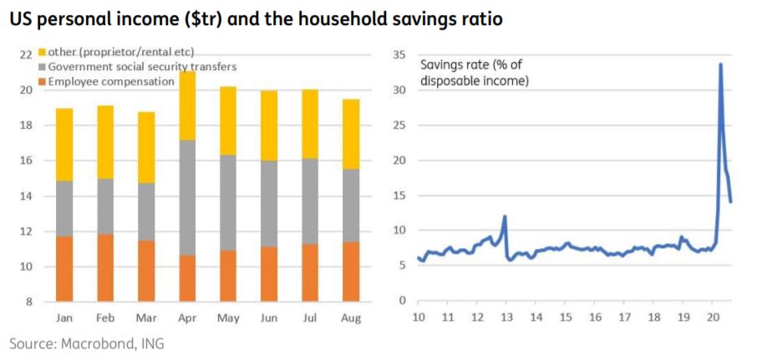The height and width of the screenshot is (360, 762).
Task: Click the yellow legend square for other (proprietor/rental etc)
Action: click(x=42, y=53)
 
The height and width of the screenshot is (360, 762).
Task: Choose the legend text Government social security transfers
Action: click(x=142, y=67)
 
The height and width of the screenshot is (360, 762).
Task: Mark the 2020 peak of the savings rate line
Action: click(x=720, y=64)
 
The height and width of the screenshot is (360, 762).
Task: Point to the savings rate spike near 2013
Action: click(x=505, y=216)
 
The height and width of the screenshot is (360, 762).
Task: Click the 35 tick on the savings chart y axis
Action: click(x=399, y=55)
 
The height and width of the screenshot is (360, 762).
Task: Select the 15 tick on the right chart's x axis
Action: click(x=566, y=317)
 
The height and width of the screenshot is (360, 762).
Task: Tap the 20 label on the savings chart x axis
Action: click(x=713, y=317)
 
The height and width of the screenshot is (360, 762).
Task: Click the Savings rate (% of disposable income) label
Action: click(x=474, y=73)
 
